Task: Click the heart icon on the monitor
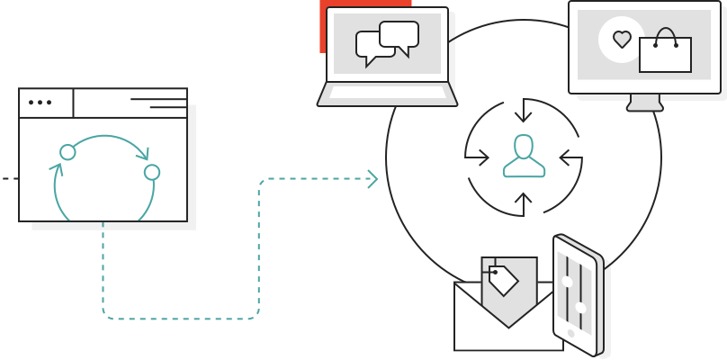coord(622,40)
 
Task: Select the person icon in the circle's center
coord(524,156)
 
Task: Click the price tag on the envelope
coord(502,280)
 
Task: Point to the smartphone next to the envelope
coord(576,294)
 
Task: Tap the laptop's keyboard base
coord(387,94)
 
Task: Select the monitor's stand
coord(644,102)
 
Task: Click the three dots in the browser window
coord(40,103)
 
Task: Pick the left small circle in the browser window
coord(67,152)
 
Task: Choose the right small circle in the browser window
coord(152,172)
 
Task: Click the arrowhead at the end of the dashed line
coord(372,179)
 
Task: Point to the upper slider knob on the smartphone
coord(567,281)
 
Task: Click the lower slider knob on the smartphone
coord(580,308)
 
